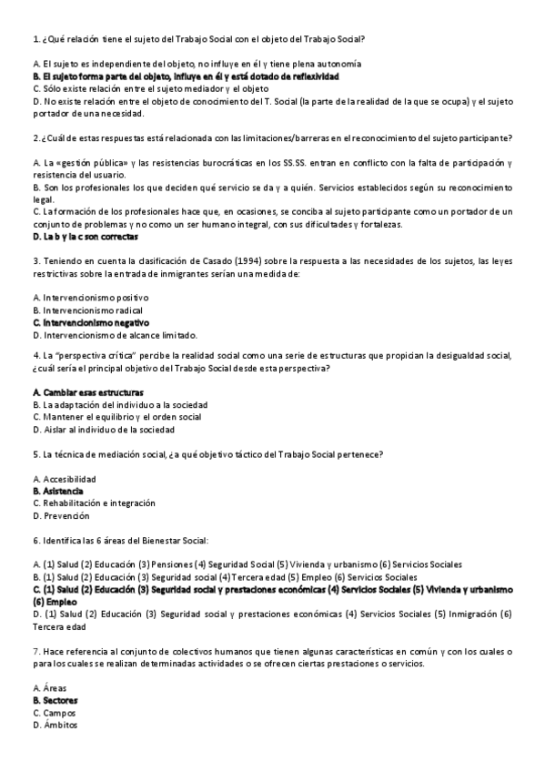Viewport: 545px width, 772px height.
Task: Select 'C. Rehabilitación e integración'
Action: click(x=94, y=503)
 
